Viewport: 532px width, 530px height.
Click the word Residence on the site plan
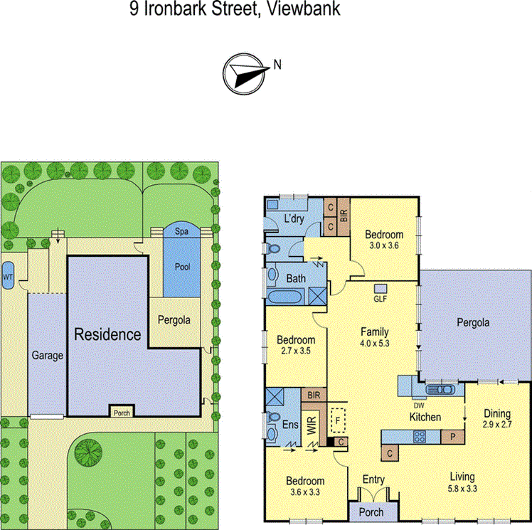[107, 334]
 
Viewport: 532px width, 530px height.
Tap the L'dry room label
[294, 218]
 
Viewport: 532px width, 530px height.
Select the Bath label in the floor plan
[296, 279]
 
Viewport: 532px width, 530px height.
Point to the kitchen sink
[442, 389]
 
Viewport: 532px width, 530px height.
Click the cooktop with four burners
[420, 436]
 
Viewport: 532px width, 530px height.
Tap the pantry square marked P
[450, 436]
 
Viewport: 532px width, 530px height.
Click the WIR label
[311, 426]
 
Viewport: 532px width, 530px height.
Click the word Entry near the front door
[373, 479]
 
